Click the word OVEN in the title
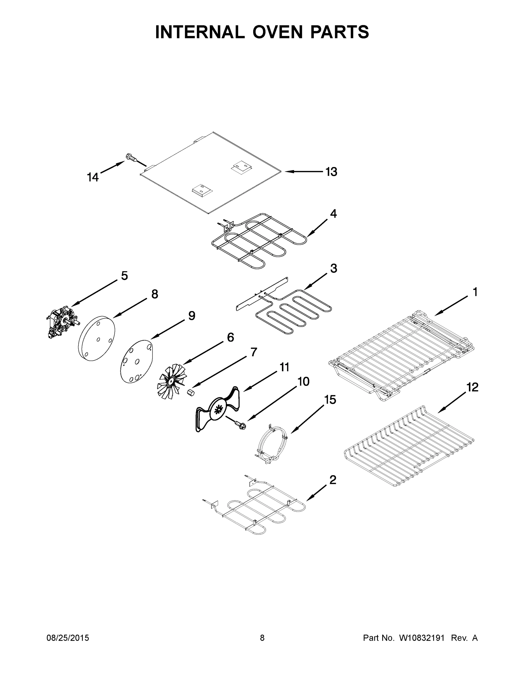click(x=277, y=32)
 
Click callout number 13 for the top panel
click(x=331, y=171)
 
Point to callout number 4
click(x=333, y=214)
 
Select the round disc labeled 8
click(x=97, y=338)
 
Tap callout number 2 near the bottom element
click(x=332, y=480)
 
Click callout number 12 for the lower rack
click(x=473, y=387)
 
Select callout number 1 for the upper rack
click(x=475, y=292)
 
